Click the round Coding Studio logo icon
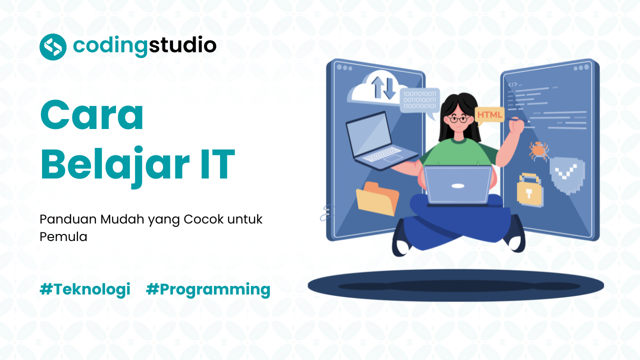53,47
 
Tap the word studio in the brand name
182,46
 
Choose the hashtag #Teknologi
85,289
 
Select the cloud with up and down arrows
374,88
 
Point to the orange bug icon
538,150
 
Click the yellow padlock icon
529,190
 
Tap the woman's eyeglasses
458,119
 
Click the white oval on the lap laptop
458,186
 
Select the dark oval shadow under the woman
455,286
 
